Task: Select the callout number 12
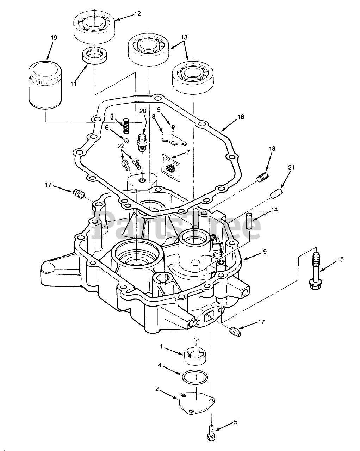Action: [x=137, y=13]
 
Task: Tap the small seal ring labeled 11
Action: [x=94, y=55]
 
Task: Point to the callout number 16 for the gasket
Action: [x=241, y=117]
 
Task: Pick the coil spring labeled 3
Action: [x=126, y=126]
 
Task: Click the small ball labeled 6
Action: [x=126, y=140]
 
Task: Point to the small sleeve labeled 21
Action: [x=276, y=193]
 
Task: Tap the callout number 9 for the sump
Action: [x=265, y=252]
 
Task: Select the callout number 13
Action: [x=184, y=37]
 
